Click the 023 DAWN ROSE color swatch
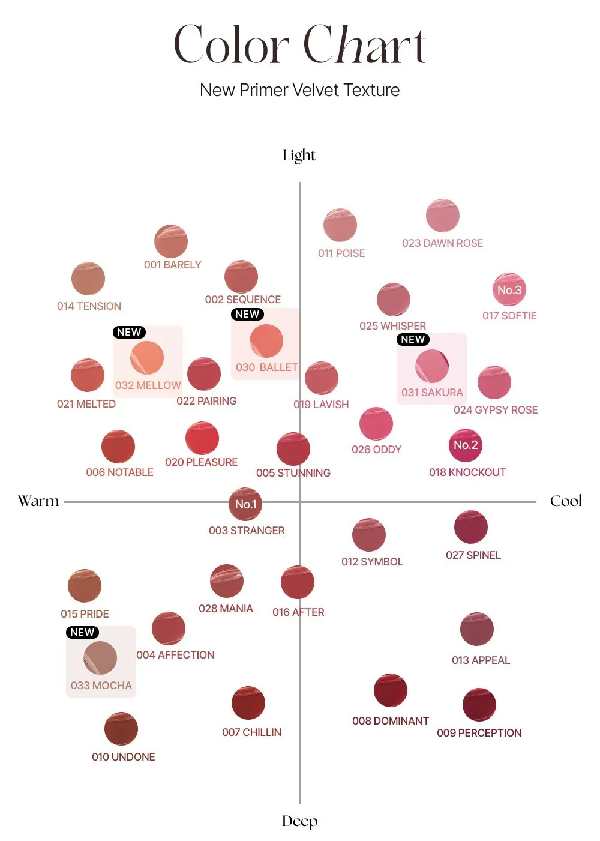[443, 216]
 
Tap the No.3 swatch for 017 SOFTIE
[509, 290]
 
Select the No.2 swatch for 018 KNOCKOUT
[466, 445]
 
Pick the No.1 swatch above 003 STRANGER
[245, 504]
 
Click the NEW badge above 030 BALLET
[247, 314]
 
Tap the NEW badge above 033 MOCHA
[82, 632]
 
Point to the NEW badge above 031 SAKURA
[413, 339]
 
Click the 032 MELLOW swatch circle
[147, 358]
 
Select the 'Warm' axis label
[38, 501]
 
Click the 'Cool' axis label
[566, 501]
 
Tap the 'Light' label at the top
[299, 155]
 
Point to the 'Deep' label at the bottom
[299, 821]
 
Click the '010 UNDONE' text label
[124, 757]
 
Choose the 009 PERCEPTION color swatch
[479, 705]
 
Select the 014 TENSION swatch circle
[88, 279]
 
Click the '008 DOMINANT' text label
[391, 721]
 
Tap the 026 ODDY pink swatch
[376, 424]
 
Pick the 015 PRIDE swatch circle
[85, 586]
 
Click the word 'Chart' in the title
[365, 44]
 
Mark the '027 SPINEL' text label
[473, 555]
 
